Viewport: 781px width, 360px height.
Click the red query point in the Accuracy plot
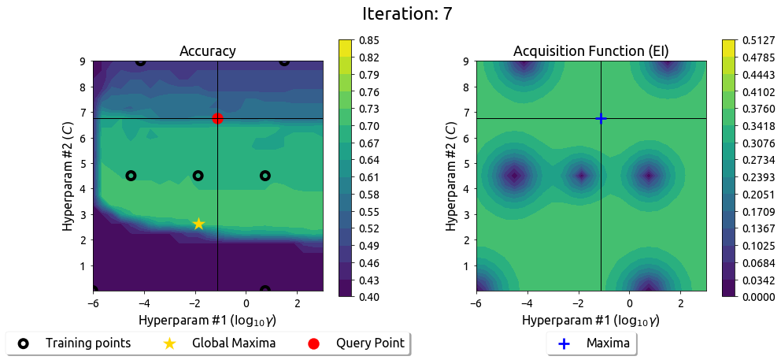(x=217, y=118)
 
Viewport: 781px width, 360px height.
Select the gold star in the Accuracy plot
(x=198, y=224)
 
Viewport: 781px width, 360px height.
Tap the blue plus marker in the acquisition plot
(x=601, y=118)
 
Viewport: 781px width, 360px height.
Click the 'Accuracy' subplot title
(x=208, y=51)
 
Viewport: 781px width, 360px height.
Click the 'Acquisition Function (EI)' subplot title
(x=591, y=51)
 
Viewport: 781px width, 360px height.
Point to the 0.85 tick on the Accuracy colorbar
(x=368, y=39)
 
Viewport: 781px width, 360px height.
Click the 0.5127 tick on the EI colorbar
(x=757, y=39)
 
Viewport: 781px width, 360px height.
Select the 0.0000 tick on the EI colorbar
(x=757, y=297)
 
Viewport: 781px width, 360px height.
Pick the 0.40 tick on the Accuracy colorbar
(x=368, y=297)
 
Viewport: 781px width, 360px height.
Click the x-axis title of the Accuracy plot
(x=208, y=321)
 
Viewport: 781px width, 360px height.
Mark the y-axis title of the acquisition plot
(x=451, y=176)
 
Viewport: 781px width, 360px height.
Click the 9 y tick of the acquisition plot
(x=468, y=61)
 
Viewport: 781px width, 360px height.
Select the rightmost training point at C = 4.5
(x=265, y=176)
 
